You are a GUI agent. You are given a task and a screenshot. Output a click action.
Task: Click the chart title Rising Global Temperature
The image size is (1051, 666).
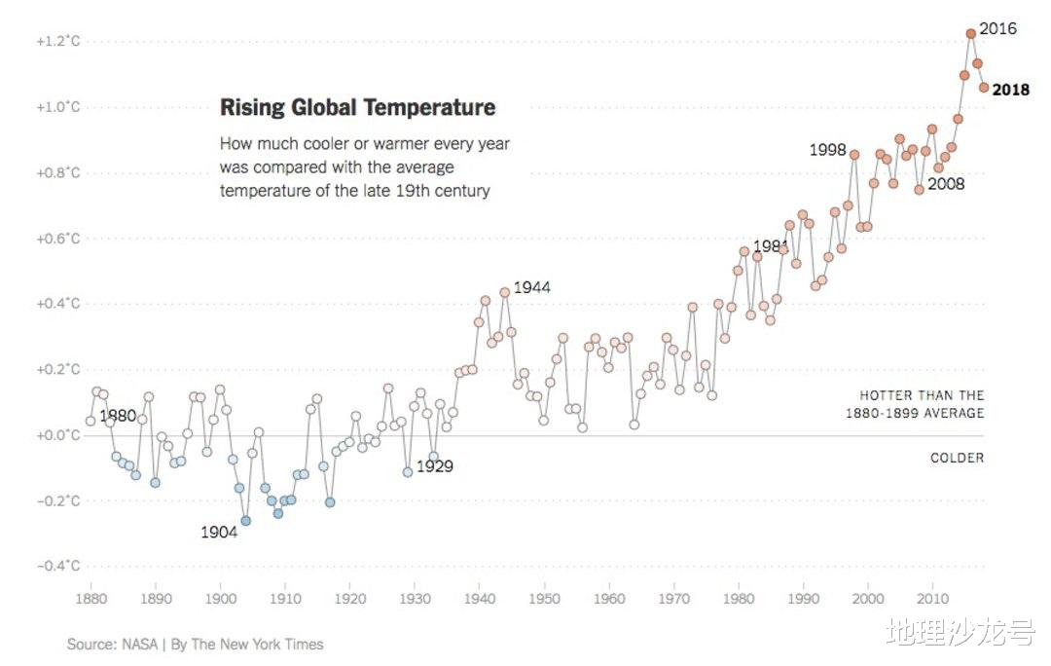tap(357, 108)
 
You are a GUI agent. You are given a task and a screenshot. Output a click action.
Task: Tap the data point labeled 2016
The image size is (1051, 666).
tap(970, 34)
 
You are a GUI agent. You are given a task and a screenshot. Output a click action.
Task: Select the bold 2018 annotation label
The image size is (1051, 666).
tap(1011, 90)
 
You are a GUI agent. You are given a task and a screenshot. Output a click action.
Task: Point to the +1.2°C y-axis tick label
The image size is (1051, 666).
tap(57, 42)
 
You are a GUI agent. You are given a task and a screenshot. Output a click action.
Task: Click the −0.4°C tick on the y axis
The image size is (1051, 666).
tap(57, 567)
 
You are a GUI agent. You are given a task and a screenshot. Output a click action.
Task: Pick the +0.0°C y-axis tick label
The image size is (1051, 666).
tap(57, 435)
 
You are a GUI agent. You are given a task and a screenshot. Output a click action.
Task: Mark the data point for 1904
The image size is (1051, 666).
tap(245, 521)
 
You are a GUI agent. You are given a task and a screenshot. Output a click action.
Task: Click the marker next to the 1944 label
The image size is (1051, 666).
tap(505, 292)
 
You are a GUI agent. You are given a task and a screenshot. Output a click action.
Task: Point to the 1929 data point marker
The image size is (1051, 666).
tap(408, 472)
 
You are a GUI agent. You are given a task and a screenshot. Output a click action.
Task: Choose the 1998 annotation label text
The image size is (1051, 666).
tap(827, 150)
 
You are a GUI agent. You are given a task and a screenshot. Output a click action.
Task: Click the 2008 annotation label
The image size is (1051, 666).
tap(945, 183)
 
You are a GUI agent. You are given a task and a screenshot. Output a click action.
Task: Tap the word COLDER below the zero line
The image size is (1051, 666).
tap(957, 458)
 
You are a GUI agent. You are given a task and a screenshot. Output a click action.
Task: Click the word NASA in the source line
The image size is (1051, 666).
tap(136, 644)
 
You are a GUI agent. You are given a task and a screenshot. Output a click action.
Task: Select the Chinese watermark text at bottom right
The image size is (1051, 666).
tap(960, 634)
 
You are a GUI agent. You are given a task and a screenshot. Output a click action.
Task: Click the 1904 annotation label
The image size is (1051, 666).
tap(219, 533)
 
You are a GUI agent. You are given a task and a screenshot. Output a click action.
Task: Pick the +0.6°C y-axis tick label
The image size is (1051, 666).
tap(57, 239)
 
